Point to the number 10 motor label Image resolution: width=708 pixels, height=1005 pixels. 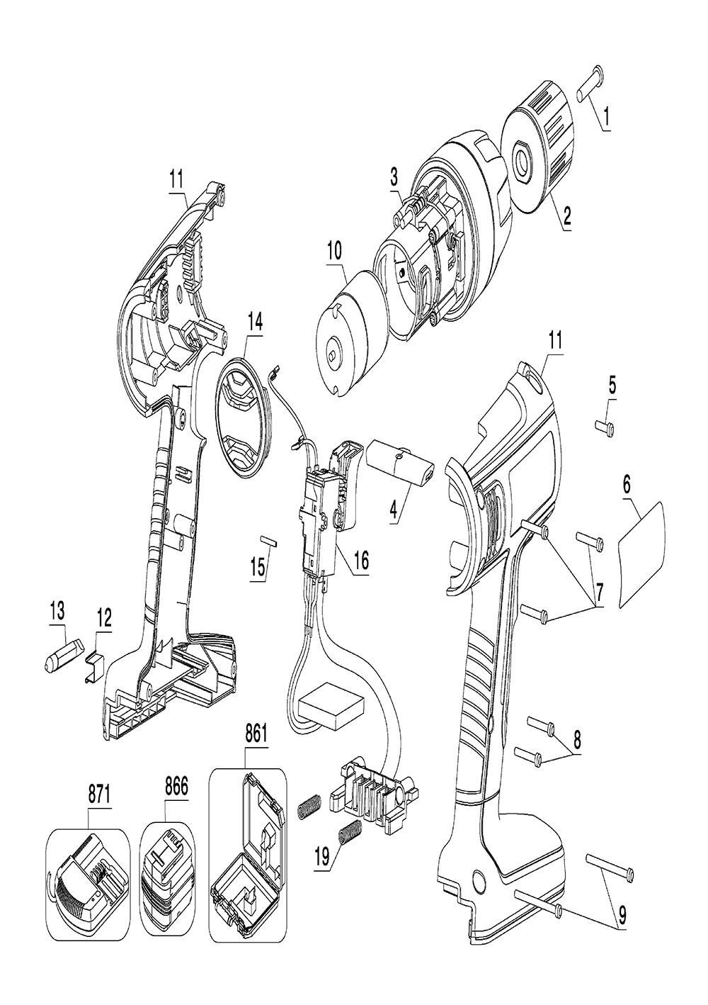click(333, 251)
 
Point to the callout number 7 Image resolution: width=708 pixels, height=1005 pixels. click(598, 590)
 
